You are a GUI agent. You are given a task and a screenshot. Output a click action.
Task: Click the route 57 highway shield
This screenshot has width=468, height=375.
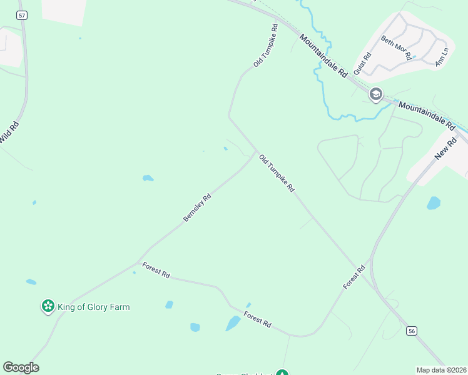click(23, 14)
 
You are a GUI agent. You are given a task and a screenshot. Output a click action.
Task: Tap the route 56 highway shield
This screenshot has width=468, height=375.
click(411, 330)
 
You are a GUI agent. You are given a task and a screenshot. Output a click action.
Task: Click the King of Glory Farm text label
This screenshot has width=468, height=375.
click(93, 307)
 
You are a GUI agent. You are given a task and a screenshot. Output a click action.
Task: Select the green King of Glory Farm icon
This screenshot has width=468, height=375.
click(48, 306)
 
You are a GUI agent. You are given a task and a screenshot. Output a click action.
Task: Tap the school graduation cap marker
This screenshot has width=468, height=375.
click(376, 95)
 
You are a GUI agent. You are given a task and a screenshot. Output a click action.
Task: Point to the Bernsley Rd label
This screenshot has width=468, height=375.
click(197, 207)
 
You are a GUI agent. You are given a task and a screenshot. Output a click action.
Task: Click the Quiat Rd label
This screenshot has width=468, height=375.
click(362, 63)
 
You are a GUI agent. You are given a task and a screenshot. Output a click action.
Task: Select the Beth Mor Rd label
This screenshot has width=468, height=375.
click(397, 48)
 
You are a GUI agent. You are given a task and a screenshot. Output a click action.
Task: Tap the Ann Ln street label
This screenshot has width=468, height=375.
click(442, 56)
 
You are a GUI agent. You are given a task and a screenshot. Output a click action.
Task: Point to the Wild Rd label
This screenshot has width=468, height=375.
click(9, 132)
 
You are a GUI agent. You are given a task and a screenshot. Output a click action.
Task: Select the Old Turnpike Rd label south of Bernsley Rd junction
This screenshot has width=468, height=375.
click(276, 173)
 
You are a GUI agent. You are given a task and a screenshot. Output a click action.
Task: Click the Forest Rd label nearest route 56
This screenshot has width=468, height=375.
click(354, 277)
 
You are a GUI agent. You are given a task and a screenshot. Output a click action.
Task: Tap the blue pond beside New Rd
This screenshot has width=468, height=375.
click(433, 203)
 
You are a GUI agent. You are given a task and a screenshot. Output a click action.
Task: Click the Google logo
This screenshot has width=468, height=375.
click(21, 367)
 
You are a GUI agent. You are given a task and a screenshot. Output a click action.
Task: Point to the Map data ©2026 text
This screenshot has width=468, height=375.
click(441, 370)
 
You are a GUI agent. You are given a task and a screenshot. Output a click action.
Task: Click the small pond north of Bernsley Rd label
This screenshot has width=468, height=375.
click(148, 178)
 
